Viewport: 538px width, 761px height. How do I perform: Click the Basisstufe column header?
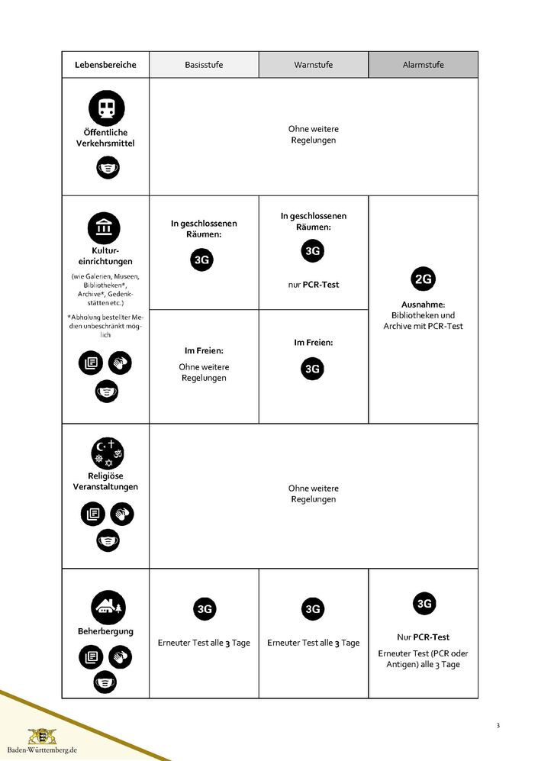click(x=204, y=65)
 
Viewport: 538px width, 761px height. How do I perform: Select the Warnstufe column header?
click(x=313, y=65)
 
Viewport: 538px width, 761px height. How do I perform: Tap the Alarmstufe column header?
click(x=423, y=65)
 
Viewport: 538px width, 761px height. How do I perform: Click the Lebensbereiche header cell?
click(x=105, y=65)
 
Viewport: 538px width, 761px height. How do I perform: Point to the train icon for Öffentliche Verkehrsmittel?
click(x=106, y=108)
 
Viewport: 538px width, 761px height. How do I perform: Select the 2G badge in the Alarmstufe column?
click(x=423, y=279)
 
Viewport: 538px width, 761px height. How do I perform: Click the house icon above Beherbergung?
click(x=106, y=608)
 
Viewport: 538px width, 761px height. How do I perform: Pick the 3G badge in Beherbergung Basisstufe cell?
click(x=204, y=609)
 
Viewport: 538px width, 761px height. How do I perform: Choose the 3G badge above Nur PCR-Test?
click(x=424, y=604)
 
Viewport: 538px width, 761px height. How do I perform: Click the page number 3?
click(x=498, y=725)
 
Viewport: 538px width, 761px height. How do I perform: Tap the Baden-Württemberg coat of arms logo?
click(x=42, y=736)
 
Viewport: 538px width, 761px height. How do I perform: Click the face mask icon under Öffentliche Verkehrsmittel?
click(x=108, y=166)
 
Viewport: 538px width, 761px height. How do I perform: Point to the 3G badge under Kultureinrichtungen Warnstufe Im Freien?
click(x=312, y=369)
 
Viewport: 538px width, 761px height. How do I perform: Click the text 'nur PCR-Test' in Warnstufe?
click(x=313, y=285)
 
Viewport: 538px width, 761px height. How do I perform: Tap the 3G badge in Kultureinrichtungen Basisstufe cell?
click(x=201, y=260)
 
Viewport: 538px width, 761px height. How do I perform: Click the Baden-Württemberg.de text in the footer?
click(x=42, y=750)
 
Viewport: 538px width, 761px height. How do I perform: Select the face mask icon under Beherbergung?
click(x=105, y=681)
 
